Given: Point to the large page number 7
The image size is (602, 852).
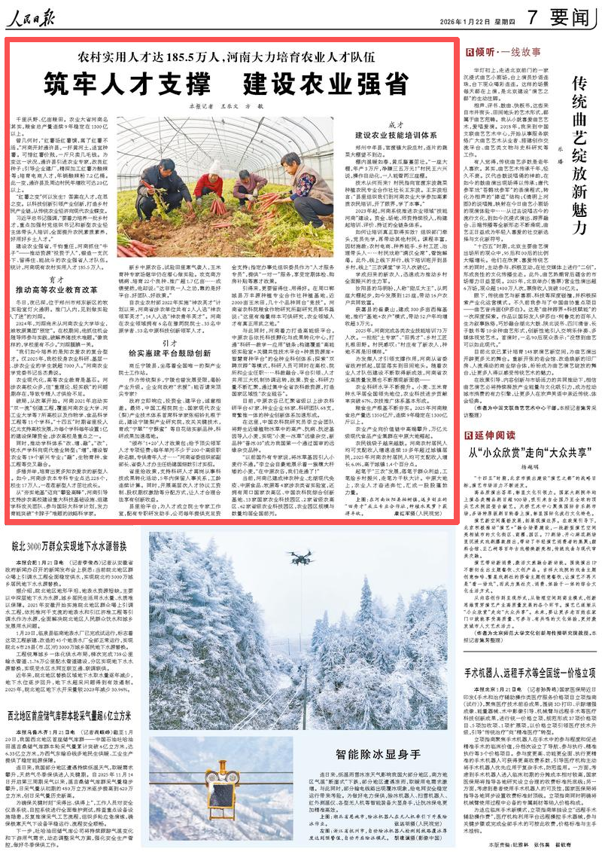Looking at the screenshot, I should (531, 17).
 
